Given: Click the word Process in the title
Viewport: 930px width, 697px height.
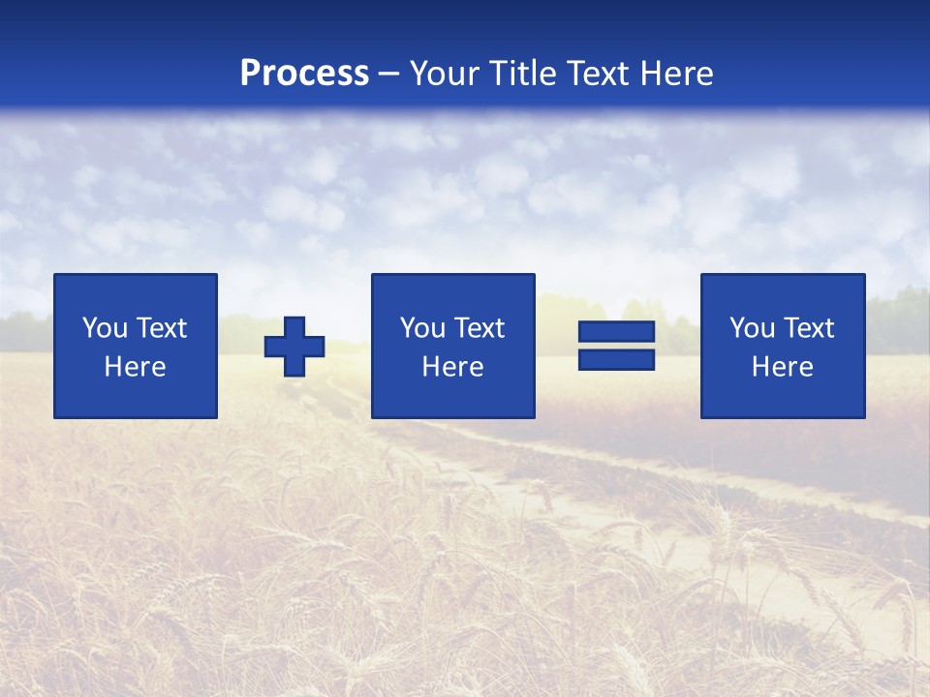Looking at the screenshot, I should coord(304,74).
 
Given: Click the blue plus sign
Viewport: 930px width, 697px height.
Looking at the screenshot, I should coord(294,347).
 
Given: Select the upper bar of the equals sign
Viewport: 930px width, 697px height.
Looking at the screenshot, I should coord(616,332).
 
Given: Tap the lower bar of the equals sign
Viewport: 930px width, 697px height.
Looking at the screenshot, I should coord(616,360).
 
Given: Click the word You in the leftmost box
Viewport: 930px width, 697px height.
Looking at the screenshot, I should coord(105,328).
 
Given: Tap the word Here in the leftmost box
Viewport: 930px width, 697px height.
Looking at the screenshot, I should coord(135,367).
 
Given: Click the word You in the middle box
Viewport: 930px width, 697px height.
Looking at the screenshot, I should coord(422,328).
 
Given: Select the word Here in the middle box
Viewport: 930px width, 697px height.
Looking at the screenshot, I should coord(452,367).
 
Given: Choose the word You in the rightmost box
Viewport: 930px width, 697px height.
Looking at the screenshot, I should coord(752,328).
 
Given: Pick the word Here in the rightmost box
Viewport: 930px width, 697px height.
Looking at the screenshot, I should coord(782,367).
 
